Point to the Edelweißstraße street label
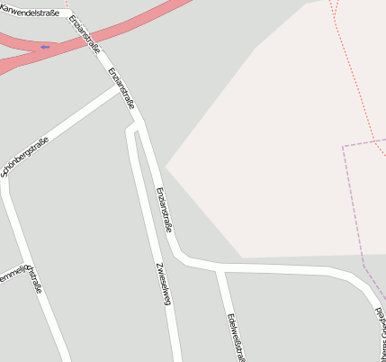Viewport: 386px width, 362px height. (236, 336)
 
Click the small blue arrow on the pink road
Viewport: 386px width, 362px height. (44, 47)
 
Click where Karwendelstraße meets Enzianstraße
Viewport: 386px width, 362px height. (69, 13)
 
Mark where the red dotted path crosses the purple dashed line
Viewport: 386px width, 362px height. (372, 140)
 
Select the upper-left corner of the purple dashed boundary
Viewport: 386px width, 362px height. (344, 146)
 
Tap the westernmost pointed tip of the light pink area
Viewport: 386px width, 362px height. (166, 167)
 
